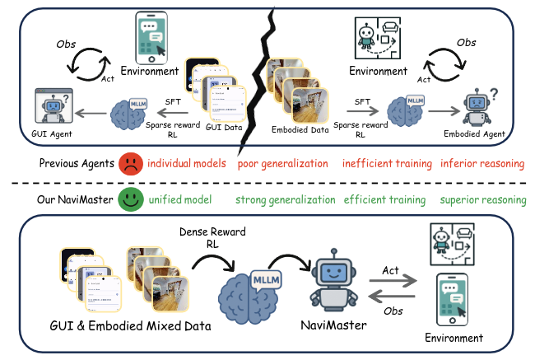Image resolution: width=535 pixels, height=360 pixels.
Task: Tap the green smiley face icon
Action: click(x=128, y=199)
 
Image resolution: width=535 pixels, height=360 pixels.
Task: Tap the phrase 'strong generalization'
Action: click(x=285, y=199)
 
